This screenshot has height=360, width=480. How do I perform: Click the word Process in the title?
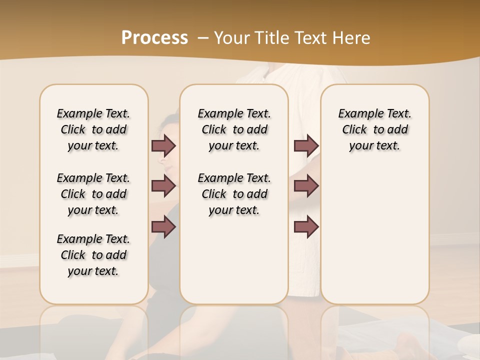point(154,37)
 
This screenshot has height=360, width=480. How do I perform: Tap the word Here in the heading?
point(352,38)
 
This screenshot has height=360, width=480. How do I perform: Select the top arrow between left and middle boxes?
point(163,145)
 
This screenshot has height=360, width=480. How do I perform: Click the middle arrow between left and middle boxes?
point(163,186)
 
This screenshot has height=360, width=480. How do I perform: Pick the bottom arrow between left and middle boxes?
point(163,227)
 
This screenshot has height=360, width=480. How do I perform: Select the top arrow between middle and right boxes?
point(306,145)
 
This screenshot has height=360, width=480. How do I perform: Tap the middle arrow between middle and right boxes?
point(306,186)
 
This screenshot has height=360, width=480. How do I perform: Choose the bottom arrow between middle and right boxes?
point(306,227)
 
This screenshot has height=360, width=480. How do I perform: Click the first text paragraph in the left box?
point(93,129)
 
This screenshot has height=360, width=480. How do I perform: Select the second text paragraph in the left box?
point(93,194)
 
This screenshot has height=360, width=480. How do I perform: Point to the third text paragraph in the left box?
point(93,255)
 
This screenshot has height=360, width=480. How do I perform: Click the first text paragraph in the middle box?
point(234,129)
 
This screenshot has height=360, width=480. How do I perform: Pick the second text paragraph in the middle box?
point(234,194)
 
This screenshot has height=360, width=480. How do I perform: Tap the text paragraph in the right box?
point(374,129)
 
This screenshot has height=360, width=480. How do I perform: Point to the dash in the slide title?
point(203,38)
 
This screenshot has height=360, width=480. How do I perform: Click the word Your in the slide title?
point(229,38)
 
